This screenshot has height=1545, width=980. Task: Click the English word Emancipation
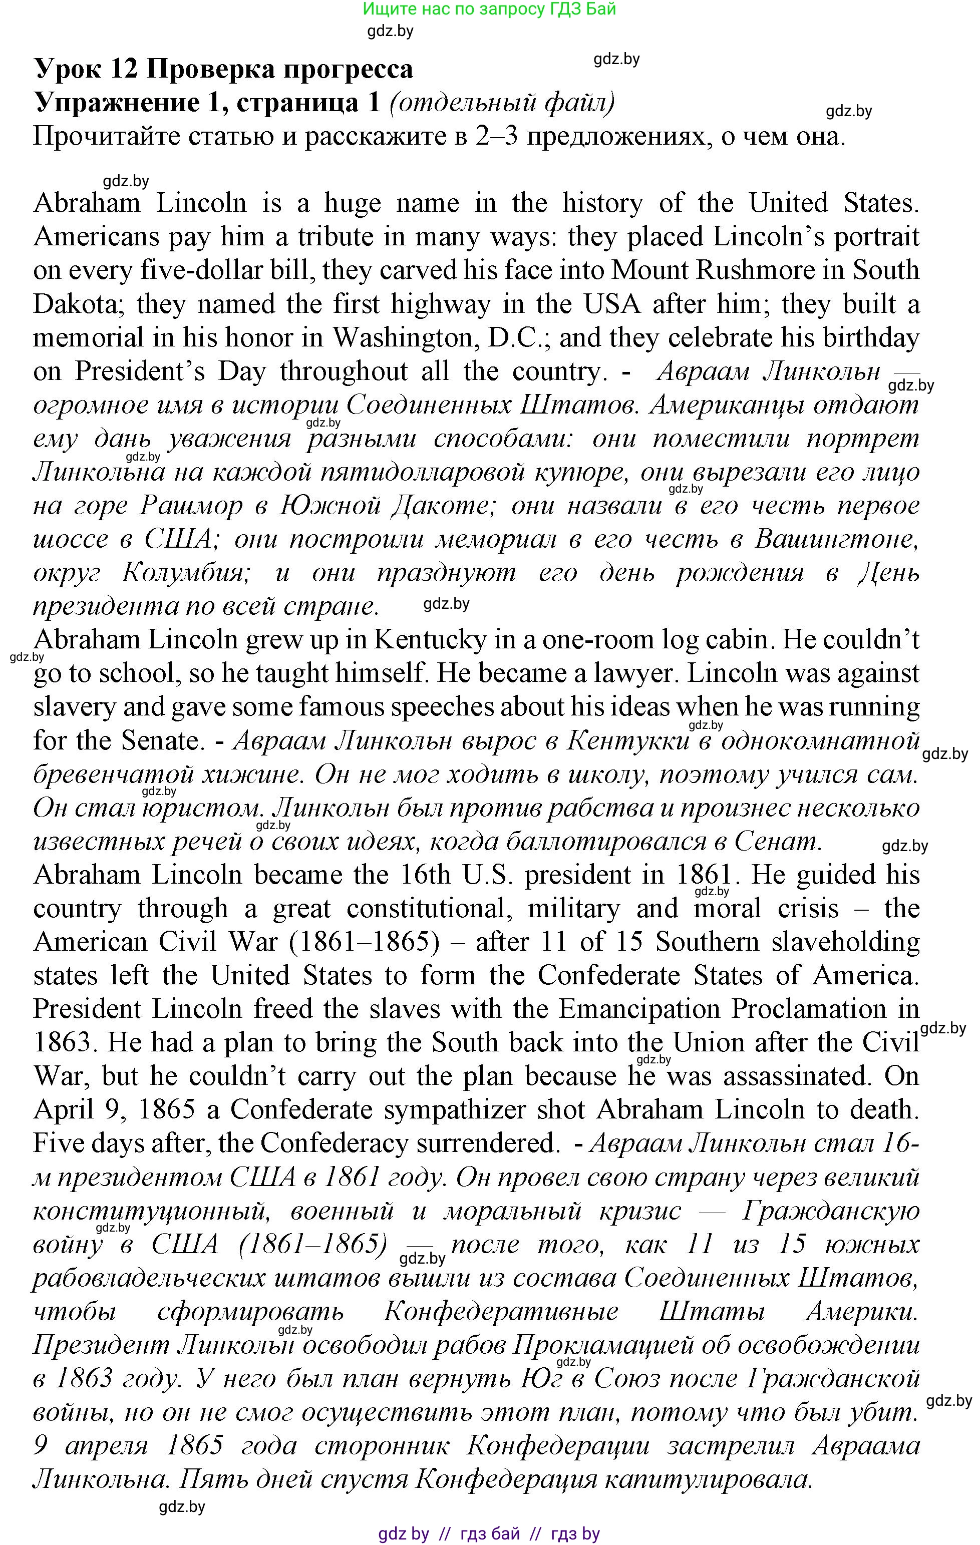[638, 1009]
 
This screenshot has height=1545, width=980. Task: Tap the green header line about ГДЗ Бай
[489, 9]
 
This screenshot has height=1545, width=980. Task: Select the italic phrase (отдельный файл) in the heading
[502, 103]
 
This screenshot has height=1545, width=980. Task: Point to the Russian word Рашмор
[191, 506]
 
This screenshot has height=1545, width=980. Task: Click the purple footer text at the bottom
[489, 1533]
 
